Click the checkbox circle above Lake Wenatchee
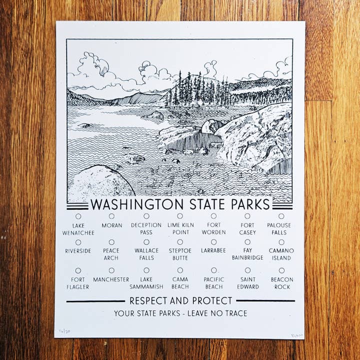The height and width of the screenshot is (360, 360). tap(78, 216)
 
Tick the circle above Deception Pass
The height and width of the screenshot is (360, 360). tap(146, 216)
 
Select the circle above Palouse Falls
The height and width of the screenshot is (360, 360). tap(281, 216)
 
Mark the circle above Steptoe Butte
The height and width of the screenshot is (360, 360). tap(180, 242)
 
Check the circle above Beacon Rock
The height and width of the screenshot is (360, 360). tap(281, 270)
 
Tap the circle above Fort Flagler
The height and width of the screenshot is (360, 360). tap(78, 270)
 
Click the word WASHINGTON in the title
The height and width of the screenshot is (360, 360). tap(136, 204)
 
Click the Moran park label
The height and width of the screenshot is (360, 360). tap(111, 225)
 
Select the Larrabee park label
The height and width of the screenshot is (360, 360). tap(213, 250)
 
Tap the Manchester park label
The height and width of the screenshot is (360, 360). tap(111, 279)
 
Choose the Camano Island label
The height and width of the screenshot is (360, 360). tap(281, 254)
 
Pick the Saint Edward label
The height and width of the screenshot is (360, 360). tap(248, 283)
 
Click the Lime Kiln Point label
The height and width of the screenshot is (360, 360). tap(180, 228)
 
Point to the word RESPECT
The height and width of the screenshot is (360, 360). tap(148, 300)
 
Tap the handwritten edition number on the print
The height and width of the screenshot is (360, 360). tap(63, 331)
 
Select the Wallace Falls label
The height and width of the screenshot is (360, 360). tap(146, 254)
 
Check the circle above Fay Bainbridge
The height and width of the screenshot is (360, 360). tap(247, 242)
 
